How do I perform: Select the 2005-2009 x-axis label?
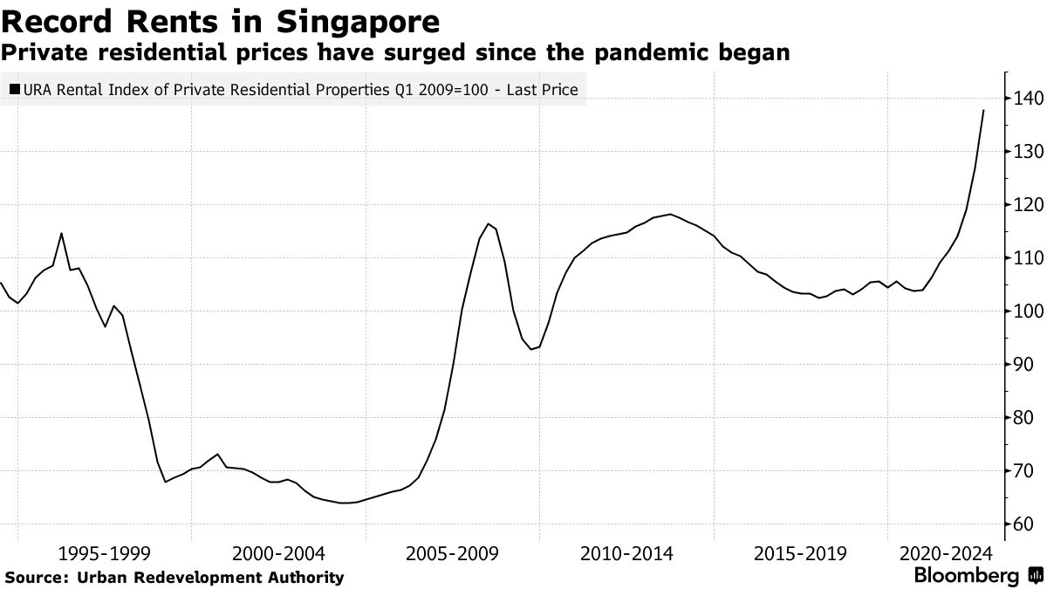coord(453,553)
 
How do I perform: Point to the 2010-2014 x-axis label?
coord(626,553)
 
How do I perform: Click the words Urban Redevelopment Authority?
coord(210,577)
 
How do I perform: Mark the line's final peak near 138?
coord(984,110)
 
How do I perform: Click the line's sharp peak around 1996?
coord(61,233)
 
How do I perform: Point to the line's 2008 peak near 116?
coord(489,223)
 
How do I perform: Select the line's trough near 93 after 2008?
coord(531,350)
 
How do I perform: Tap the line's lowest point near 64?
coord(346,503)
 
